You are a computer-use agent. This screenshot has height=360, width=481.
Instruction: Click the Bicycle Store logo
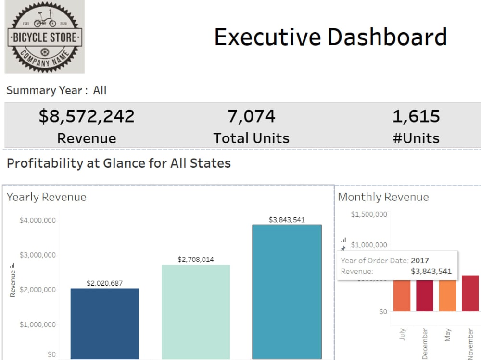point(45,37)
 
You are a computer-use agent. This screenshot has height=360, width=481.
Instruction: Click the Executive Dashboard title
point(330,37)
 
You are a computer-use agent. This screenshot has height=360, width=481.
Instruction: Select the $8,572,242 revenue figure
point(87,116)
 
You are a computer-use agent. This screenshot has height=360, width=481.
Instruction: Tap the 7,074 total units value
point(251,116)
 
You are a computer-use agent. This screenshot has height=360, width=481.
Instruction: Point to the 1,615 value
point(416,116)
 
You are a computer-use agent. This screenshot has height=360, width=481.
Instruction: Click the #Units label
point(416,138)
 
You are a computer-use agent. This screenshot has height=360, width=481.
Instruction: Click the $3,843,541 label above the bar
point(287,220)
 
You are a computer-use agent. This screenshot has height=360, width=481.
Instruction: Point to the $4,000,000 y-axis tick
point(38,220)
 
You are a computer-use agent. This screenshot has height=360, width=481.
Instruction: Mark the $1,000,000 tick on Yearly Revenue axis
point(38,324)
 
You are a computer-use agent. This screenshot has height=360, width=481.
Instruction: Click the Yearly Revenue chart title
point(46,197)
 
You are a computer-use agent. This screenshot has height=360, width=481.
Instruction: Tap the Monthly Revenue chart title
point(383,197)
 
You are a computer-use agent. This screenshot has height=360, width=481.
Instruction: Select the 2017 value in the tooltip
point(419,261)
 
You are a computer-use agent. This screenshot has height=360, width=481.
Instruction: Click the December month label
point(425,343)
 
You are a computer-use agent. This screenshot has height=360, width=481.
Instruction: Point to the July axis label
point(402,334)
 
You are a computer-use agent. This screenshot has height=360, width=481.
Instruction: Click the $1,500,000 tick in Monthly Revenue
point(368,214)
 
